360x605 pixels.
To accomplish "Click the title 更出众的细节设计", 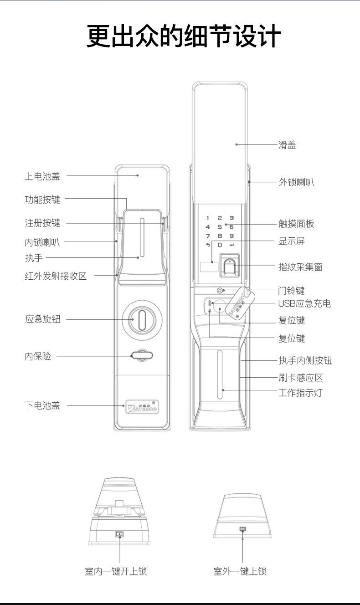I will tap(184, 37).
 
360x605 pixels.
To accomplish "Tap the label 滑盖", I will tap(287, 145).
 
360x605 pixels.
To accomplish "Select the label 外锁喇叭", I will tap(296, 182).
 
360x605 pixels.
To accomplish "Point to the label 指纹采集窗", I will tap(300, 267).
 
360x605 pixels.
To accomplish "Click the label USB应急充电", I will tap(304, 303).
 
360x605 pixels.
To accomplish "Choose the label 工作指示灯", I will tap(300, 392).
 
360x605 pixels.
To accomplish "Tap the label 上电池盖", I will tap(42, 175).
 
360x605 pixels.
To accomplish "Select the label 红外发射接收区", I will tap(56, 276).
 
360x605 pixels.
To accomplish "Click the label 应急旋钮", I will tap(42, 319).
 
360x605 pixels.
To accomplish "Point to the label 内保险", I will tap(38, 356).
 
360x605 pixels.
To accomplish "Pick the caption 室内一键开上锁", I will tap(116, 571).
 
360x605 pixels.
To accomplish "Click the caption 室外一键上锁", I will tap(240, 571).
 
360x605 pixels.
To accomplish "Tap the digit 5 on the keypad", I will tap(220, 227).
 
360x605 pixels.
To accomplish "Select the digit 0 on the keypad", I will tap(220, 245).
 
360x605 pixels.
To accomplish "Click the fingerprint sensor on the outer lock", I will tap(230, 265).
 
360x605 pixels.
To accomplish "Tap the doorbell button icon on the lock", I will tap(220, 291).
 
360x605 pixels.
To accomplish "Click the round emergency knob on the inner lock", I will tap(141, 319).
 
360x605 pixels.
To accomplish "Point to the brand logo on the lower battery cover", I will tap(141, 407).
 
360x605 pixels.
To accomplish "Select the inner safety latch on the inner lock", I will tap(141, 356).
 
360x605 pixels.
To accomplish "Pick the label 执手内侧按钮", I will tap(305, 361).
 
